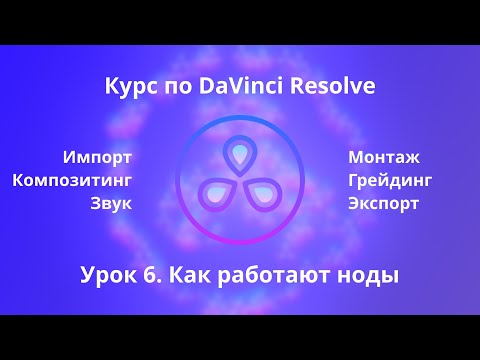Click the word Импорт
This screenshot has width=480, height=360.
click(97, 157)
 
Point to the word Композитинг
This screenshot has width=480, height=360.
click(72, 180)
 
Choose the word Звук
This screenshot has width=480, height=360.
click(111, 204)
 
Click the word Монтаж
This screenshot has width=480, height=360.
click(385, 157)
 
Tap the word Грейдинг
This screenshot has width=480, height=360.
click(391, 181)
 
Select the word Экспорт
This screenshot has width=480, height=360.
click(384, 204)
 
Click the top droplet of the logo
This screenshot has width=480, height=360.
click(240, 154)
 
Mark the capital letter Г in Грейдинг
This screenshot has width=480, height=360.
click(353, 181)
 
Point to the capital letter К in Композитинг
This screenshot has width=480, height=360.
click(18, 180)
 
